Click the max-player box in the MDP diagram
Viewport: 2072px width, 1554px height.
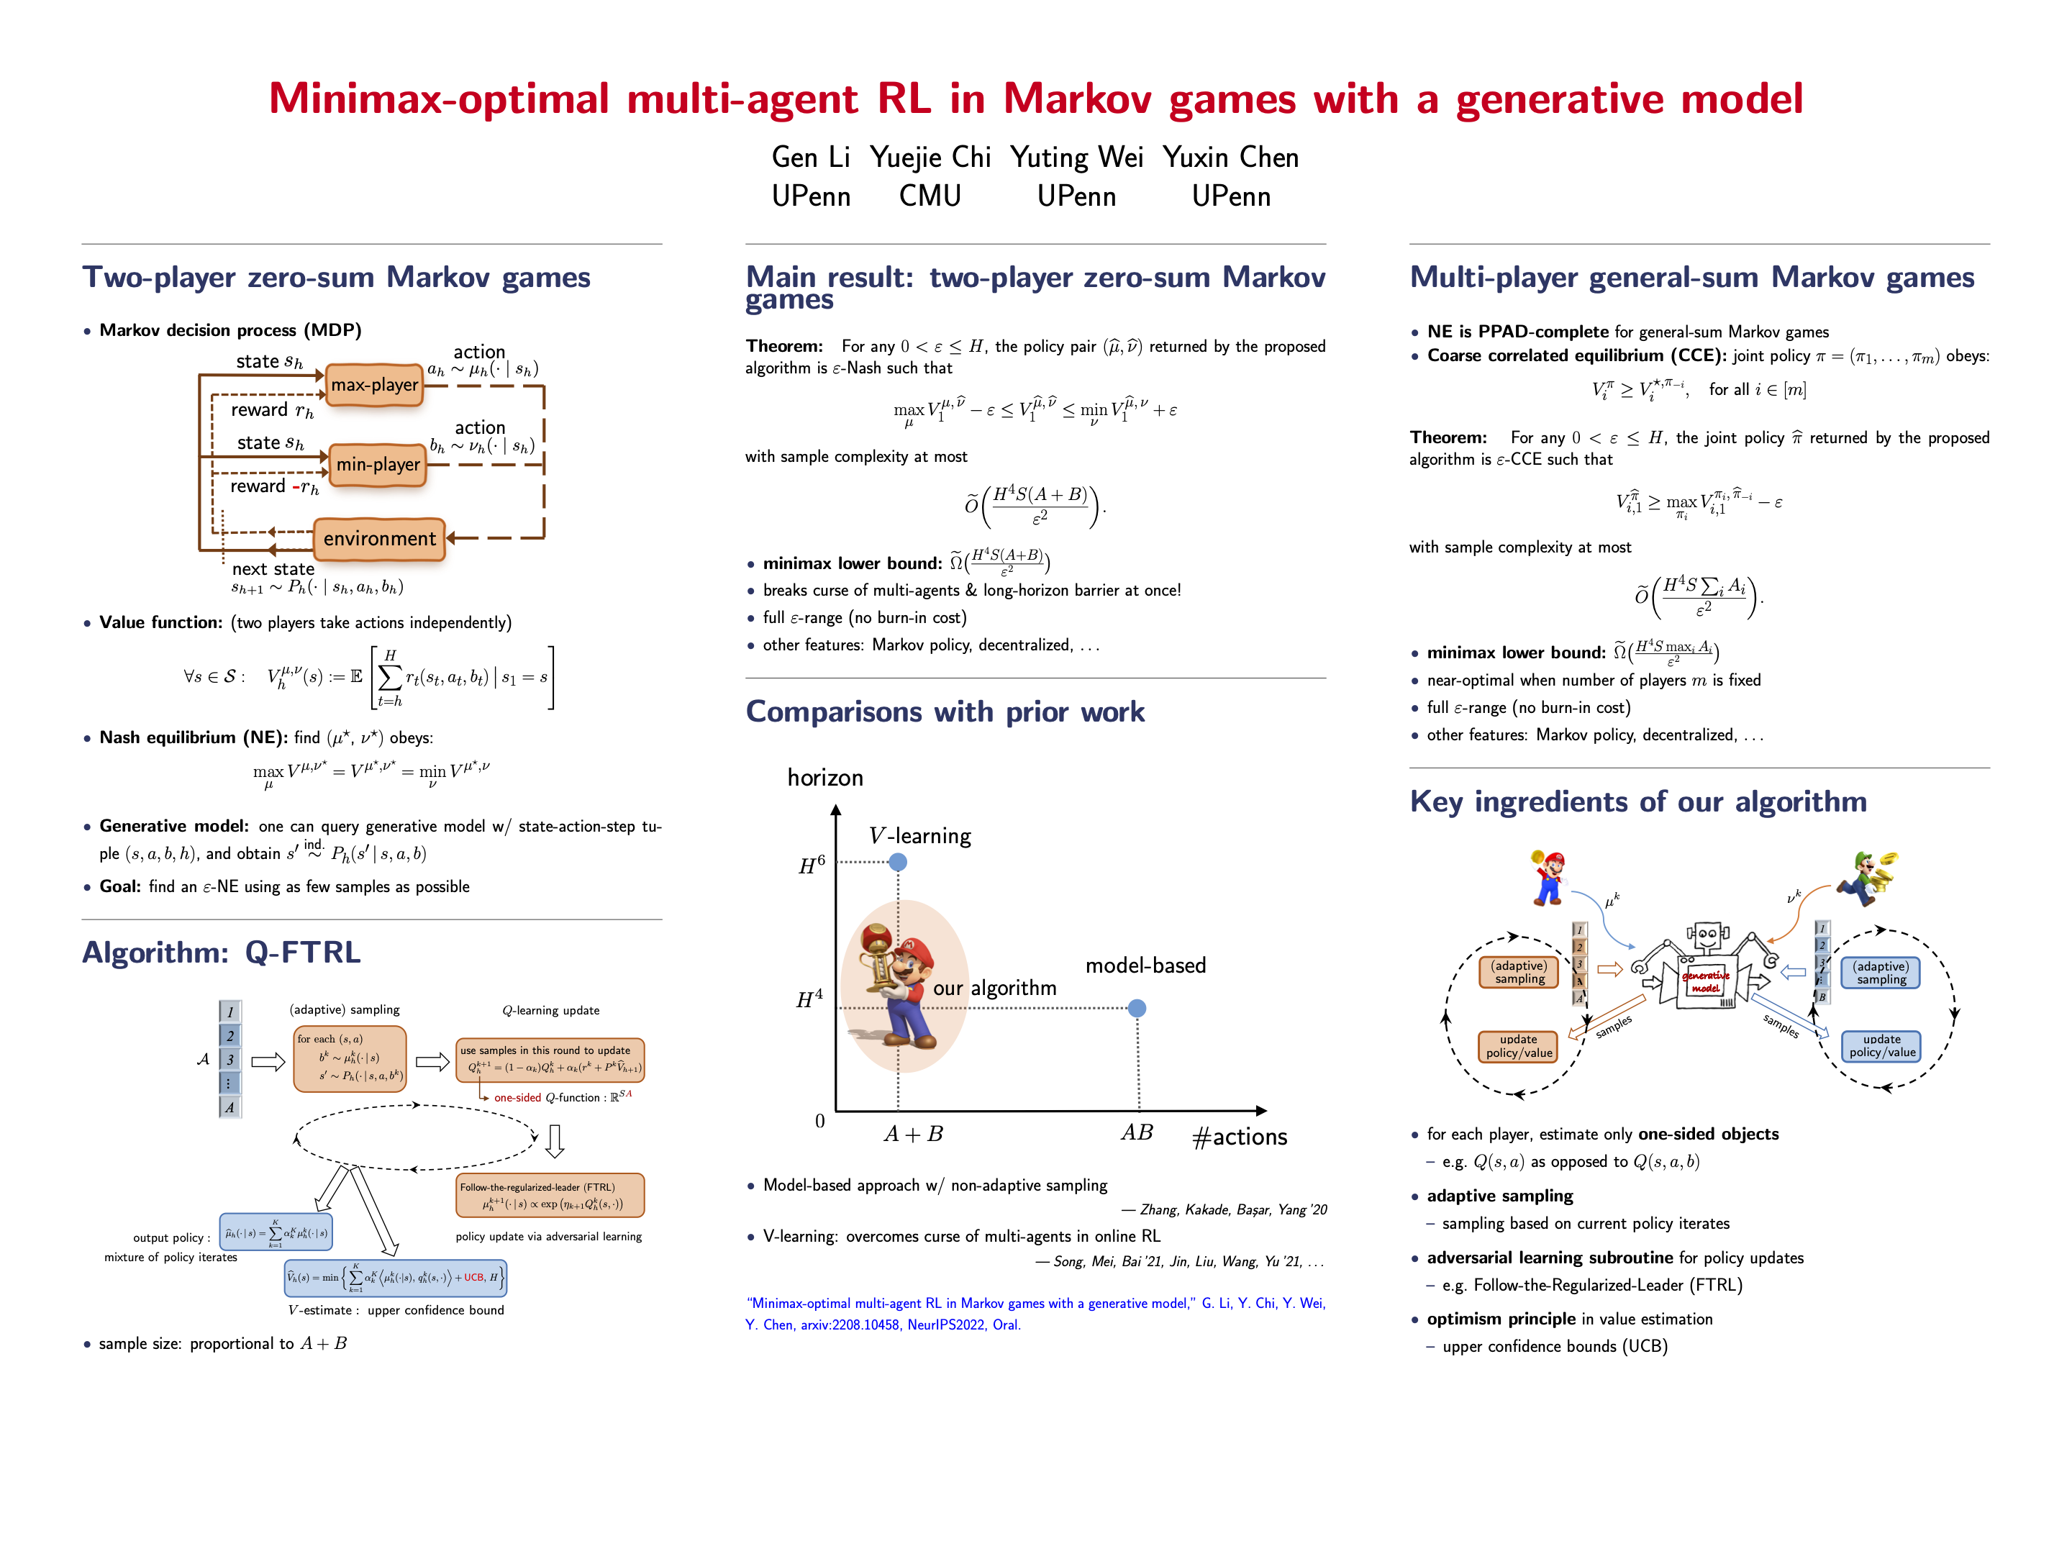375,385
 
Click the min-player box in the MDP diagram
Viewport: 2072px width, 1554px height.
378,465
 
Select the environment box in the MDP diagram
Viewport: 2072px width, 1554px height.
379,539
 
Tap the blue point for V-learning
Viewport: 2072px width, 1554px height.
897,862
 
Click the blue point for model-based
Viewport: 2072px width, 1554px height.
1137,1008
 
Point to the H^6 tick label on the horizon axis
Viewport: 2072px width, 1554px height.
812,865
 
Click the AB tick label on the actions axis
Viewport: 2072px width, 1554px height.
1137,1132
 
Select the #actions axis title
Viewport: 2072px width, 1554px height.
1240,1136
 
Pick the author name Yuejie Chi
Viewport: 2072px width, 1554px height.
930,158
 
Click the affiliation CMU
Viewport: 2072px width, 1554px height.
930,196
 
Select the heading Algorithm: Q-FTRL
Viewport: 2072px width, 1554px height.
221,952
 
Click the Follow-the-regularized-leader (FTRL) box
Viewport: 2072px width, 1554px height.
550,1195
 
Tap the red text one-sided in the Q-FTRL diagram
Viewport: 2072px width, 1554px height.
517,1097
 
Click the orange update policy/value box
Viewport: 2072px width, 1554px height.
1519,1046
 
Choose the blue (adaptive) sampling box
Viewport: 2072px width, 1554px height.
1881,972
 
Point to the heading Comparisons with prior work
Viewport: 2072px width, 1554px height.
944,712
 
